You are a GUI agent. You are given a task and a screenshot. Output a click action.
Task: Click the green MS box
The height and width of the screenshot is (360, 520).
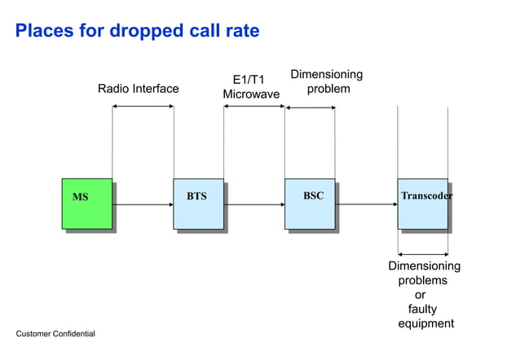(87, 204)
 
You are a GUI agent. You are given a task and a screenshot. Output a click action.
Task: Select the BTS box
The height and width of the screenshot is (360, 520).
(198, 204)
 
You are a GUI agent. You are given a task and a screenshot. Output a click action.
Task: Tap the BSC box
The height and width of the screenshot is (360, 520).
(310, 204)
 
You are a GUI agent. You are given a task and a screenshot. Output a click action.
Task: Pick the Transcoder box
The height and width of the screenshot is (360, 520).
(423, 204)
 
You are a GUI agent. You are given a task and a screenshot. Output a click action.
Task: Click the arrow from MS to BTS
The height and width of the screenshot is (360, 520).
(143, 205)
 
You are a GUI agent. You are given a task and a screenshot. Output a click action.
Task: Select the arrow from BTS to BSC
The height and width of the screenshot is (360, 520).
(253, 205)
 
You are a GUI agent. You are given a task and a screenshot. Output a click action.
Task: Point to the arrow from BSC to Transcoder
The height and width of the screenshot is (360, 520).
(366, 205)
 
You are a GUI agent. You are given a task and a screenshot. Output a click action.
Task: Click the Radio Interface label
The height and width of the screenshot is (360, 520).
(138, 89)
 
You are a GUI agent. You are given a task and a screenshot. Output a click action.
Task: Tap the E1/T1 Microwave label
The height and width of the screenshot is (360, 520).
(251, 88)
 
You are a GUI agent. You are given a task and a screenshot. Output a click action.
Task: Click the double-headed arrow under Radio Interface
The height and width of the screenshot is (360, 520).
(143, 108)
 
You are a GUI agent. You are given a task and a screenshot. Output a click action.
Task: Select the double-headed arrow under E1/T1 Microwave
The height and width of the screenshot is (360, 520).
(253, 108)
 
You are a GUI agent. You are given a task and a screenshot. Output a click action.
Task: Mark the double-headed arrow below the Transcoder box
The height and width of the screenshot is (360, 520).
(423, 254)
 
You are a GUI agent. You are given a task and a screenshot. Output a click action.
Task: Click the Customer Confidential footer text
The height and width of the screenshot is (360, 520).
(55, 334)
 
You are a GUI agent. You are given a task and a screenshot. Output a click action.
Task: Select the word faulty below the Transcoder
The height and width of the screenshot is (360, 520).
(422, 310)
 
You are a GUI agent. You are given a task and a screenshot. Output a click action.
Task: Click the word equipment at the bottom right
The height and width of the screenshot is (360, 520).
(425, 324)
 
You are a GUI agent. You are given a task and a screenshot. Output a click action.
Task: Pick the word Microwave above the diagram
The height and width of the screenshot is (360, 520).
(251, 95)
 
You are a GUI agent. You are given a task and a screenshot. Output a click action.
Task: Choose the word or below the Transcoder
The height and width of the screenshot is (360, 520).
(421, 295)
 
